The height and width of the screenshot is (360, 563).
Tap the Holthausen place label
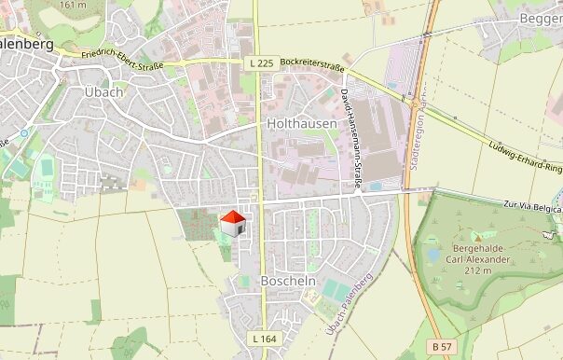point(301,123)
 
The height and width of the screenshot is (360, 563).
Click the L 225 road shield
point(261,62)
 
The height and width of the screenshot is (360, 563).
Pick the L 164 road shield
point(264,338)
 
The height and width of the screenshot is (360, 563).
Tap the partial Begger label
point(542,18)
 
